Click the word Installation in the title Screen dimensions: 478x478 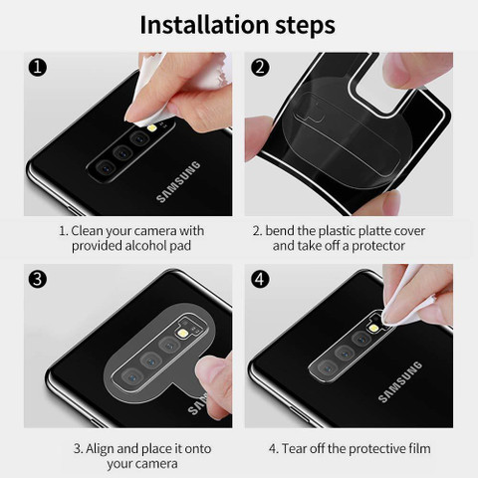204,25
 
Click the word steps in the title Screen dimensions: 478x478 305,26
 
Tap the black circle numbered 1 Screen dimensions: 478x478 38,68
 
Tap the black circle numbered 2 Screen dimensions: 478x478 260,68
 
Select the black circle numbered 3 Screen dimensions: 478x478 38,279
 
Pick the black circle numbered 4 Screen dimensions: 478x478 260,279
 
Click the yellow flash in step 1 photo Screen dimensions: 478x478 152,127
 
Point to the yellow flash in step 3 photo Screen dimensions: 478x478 181,333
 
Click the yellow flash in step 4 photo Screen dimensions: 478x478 374,328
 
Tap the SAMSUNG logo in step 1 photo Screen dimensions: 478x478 178,182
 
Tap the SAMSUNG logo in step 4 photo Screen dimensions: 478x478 400,382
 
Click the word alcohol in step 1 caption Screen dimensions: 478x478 145,246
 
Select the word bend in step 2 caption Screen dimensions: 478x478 280,231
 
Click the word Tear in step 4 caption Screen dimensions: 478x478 294,449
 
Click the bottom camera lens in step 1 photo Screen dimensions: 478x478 106,167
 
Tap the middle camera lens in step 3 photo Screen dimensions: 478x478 150,359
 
